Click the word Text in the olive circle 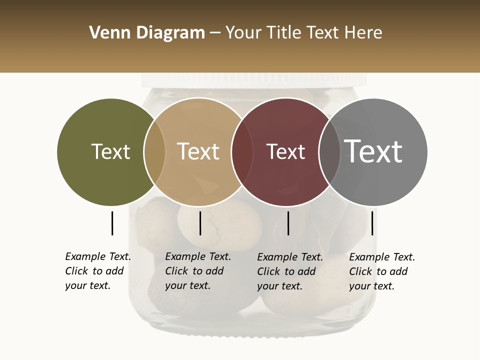(110, 152)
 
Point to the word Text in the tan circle (198, 151)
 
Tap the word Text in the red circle (285, 152)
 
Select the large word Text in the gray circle (373, 151)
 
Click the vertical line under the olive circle (112, 223)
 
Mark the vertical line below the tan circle (200, 223)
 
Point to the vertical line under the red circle (288, 223)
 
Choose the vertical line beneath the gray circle (372, 223)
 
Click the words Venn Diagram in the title (147, 33)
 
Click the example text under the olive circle (97, 271)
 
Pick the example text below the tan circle (197, 271)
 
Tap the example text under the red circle (289, 271)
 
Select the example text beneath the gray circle (381, 271)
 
